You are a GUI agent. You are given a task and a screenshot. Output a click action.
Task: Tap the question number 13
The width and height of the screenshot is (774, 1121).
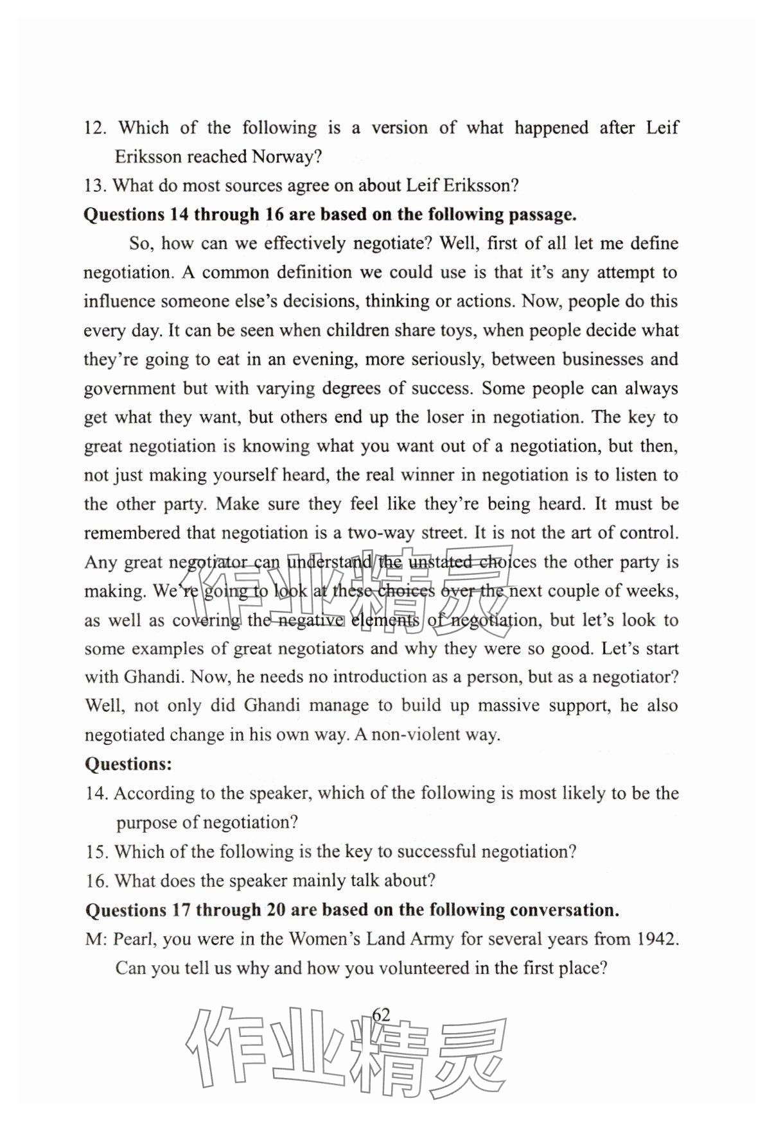click(95, 185)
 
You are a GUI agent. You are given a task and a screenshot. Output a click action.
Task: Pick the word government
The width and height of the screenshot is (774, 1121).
click(129, 389)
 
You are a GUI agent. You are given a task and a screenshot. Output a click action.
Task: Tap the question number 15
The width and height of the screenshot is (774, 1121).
click(97, 852)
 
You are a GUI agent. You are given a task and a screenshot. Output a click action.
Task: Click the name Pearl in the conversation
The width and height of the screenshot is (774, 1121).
click(134, 939)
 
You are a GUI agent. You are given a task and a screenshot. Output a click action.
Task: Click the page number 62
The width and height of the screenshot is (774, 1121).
click(381, 1014)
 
